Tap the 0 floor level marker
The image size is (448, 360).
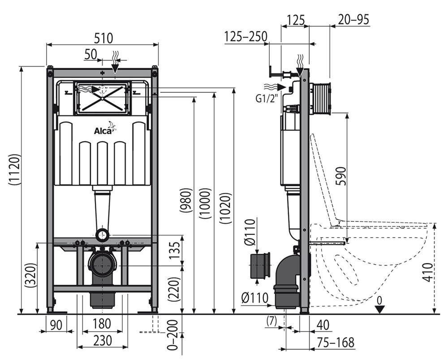coord(379,299)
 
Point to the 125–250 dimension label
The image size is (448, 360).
coord(246,36)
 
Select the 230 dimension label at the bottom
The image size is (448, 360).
coord(102,341)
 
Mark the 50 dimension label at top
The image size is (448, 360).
coord(90,54)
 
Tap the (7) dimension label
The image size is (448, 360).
coord(271,321)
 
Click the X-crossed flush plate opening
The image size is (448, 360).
coord(103,97)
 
